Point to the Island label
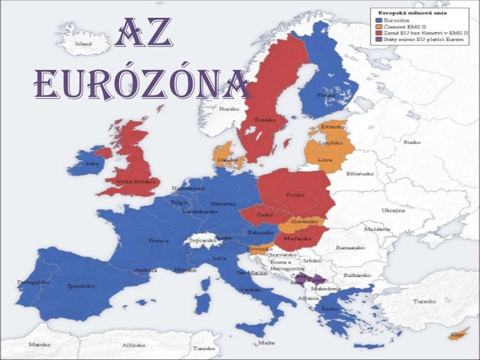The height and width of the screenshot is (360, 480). [x=84, y=44]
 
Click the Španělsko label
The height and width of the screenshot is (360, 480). [x=81, y=286]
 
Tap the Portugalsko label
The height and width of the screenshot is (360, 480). [x=32, y=282]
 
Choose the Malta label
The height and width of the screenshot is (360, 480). [x=265, y=343]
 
